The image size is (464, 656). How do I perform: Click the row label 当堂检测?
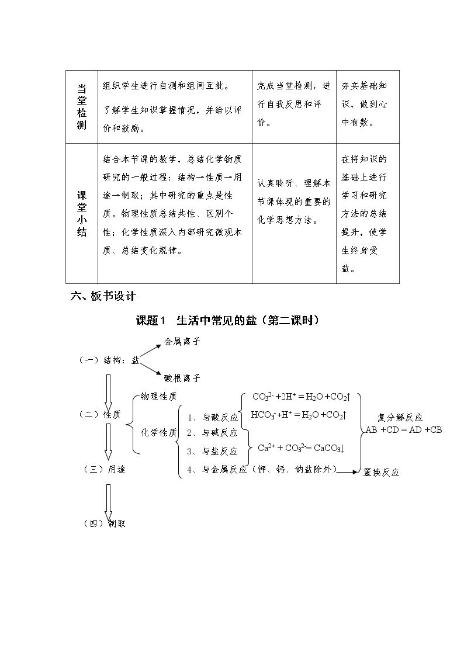82,107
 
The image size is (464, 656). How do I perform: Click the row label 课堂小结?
82,214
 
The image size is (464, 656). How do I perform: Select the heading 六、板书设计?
103,296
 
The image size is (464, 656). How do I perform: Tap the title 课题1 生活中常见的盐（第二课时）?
228,321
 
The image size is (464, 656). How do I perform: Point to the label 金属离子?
182,342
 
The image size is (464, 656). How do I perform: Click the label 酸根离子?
182,378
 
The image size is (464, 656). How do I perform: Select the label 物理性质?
158,396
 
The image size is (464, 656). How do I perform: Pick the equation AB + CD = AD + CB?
404,430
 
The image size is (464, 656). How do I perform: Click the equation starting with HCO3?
299,415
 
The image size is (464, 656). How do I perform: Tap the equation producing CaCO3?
301,448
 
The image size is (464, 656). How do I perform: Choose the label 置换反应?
381,473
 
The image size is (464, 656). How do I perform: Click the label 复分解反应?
400,417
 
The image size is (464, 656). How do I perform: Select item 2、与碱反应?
212,433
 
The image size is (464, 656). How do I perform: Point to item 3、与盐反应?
212,452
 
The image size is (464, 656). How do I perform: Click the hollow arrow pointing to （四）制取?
108,504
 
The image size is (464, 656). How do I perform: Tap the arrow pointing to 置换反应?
348,472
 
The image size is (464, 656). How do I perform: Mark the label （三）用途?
105,470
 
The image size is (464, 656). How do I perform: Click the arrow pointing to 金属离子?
150,352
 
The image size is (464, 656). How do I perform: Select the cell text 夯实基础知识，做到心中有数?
363,104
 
